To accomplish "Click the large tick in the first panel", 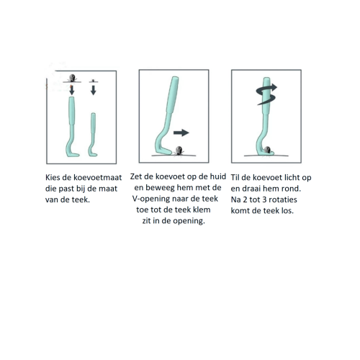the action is (x=72, y=78).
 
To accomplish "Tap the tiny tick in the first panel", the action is (x=93, y=81).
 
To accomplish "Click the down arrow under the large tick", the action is (x=71, y=90).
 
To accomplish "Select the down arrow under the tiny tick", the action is (x=94, y=90).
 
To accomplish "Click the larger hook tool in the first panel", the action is (x=72, y=127).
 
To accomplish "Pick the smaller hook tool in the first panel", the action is (x=93, y=135).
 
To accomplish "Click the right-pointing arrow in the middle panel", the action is (x=181, y=132).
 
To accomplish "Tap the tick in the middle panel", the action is (x=179, y=150).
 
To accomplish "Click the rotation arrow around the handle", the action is (x=266, y=94).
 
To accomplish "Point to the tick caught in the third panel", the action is (x=267, y=150).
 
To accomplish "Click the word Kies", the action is (x=53, y=177).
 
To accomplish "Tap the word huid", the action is (x=218, y=176).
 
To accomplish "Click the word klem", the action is (x=202, y=210).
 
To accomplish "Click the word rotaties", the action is (x=283, y=199).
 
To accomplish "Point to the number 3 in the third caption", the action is (x=264, y=199).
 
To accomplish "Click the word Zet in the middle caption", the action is (x=136, y=176).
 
